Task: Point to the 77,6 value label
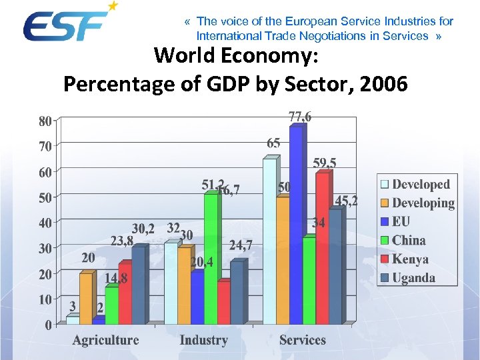300,117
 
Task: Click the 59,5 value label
325,163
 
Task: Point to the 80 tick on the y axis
45,121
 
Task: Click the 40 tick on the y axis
45,223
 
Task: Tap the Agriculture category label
105,340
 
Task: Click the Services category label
302,340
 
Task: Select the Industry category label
203,340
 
